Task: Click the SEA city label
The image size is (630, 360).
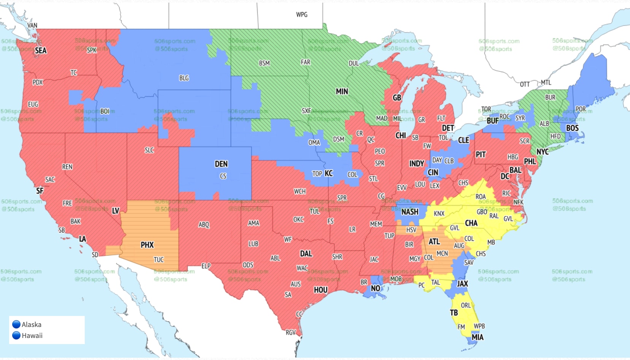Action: tap(41, 51)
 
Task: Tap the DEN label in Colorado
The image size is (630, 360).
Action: tap(221, 164)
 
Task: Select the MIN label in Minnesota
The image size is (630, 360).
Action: tap(342, 92)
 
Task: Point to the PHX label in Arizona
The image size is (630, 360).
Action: tap(147, 245)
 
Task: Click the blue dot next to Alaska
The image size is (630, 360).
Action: tap(16, 324)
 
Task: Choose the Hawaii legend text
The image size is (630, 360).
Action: tap(32, 336)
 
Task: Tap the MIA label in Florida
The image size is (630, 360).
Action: tap(477, 337)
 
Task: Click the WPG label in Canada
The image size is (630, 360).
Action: tap(302, 14)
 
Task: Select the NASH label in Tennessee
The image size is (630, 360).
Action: tap(410, 212)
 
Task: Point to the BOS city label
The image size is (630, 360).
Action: tap(572, 128)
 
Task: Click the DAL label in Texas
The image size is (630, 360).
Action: tap(306, 254)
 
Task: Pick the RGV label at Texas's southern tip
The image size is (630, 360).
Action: tap(291, 332)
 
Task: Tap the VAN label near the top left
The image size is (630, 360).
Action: tap(32, 25)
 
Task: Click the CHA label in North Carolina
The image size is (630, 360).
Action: tap(471, 223)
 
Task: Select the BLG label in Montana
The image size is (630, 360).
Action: tap(184, 78)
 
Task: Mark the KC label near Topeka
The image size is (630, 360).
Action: tap(329, 173)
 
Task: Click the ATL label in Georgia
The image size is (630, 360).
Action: tap(434, 242)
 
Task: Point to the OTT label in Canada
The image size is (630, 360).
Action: tap(524, 84)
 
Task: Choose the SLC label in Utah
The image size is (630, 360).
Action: tap(149, 150)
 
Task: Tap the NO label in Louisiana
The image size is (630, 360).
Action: tap(375, 288)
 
